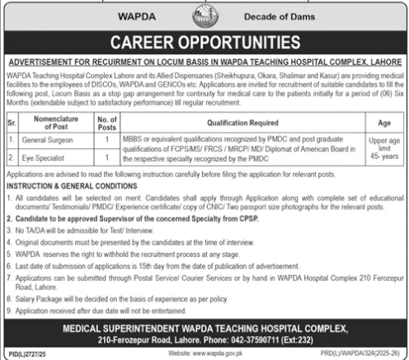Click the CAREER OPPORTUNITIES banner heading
coord(204,42)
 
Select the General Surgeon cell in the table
coord(49,143)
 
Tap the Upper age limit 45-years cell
coord(382,148)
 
